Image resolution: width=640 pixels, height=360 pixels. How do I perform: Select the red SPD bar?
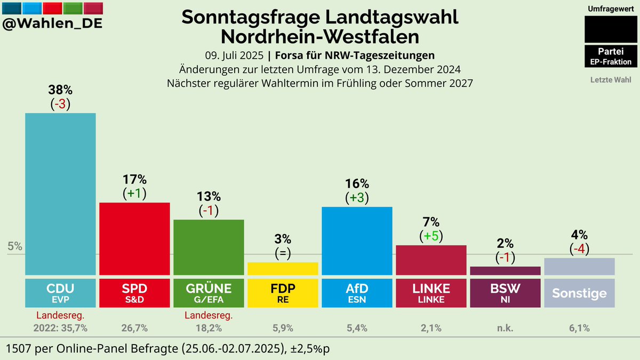tap(134, 238)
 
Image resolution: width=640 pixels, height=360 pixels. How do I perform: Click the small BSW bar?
tap(505, 270)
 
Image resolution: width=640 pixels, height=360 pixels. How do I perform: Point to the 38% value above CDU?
tap(60, 89)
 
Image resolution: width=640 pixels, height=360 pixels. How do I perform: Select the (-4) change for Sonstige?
tap(579, 249)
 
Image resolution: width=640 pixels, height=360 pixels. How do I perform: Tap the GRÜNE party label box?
tap(209, 292)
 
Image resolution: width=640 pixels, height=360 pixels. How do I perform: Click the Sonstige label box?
tap(579, 293)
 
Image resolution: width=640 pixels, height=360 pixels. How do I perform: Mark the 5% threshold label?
tap(15, 246)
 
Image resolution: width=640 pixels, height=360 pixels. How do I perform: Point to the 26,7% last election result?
tap(134, 328)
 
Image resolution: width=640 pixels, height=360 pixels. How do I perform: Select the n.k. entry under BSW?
tap(505, 328)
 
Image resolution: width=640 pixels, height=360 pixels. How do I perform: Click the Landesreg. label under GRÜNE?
tap(209, 316)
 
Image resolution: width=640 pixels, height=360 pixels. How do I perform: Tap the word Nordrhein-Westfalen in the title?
tap(319, 37)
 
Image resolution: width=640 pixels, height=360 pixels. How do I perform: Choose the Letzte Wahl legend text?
tap(611, 80)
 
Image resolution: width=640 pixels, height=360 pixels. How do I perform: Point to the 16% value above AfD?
tap(357, 182)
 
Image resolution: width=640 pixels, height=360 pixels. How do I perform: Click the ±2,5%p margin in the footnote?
tap(310, 348)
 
